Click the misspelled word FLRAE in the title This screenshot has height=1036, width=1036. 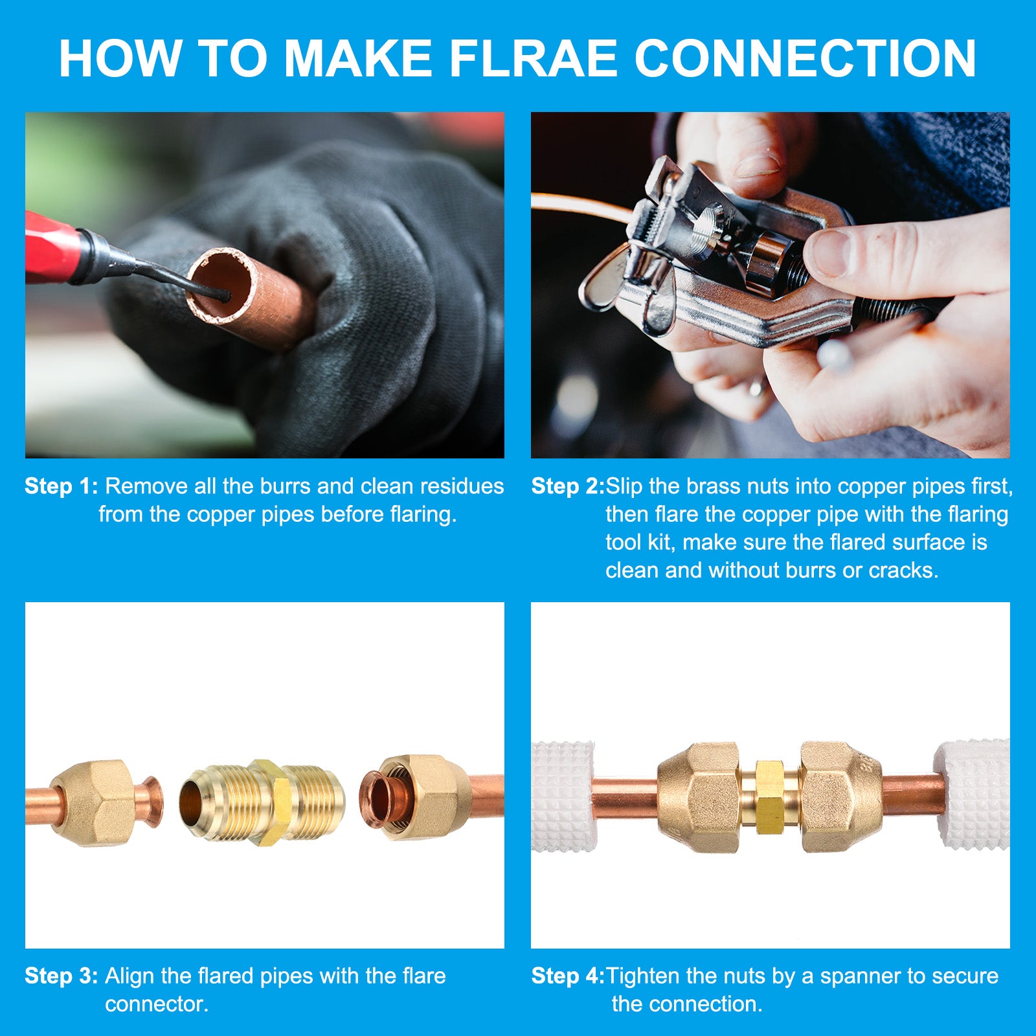click(x=534, y=59)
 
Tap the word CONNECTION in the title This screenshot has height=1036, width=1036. click(x=805, y=59)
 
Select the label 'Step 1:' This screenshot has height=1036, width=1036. click(x=62, y=486)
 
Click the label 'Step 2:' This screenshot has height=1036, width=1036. click(x=568, y=486)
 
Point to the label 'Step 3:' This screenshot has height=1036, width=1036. click(x=62, y=976)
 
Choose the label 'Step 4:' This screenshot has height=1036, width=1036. click(x=568, y=976)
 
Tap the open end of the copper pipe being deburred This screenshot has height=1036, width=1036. click(x=220, y=285)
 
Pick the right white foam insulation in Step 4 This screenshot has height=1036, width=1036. click(x=973, y=795)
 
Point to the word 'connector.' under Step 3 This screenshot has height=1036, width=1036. click(x=157, y=1004)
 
